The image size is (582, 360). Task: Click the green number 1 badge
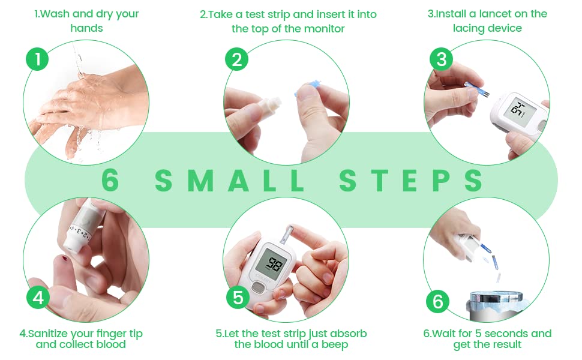pos(37,59)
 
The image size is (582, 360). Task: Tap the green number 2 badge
pos(236,59)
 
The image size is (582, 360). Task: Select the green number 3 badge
pos(441,59)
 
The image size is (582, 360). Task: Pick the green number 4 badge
pos(38,298)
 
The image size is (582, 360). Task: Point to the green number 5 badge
pos(238,298)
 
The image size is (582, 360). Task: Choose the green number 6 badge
pos(437,301)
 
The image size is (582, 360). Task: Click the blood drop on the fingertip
pos(65,259)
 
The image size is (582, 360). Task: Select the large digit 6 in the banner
pos(110,181)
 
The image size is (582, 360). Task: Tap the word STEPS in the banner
pos(411,181)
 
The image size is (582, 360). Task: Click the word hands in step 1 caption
pos(86,28)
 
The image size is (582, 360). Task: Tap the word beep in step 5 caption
pos(335,345)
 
